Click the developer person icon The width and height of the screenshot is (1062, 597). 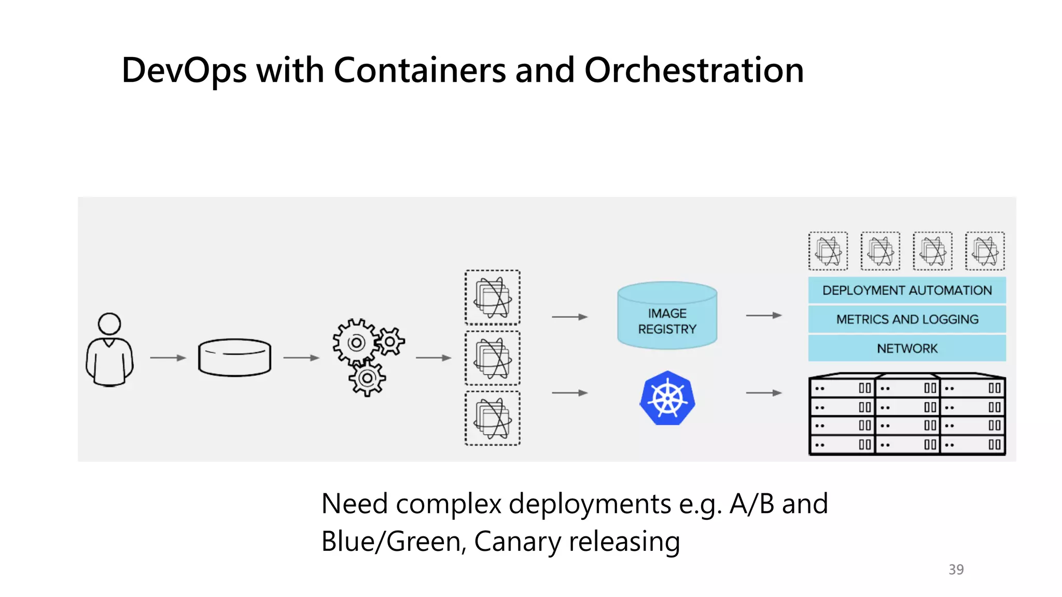109,350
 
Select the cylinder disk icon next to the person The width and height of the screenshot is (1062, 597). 234,358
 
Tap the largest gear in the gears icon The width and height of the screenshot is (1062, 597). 356,343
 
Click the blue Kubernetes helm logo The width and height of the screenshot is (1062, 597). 667,399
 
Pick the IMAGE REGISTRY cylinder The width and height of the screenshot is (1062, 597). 667,316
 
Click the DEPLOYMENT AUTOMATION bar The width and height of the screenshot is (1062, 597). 906,290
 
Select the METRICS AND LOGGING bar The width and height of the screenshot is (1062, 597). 906,319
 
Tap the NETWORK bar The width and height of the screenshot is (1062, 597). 906,348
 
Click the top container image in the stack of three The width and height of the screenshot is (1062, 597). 493,297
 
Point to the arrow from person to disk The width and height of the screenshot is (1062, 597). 167,358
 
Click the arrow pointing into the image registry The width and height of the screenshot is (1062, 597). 569,317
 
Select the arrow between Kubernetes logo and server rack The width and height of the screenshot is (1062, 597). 763,393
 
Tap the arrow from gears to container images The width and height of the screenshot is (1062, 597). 434,358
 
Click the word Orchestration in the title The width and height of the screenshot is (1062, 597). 694,70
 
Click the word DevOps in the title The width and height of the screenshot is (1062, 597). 184,70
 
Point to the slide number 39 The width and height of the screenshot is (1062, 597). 956,570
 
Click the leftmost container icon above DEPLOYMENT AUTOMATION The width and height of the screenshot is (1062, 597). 828,251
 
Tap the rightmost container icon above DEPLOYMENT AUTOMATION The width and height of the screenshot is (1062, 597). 985,251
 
